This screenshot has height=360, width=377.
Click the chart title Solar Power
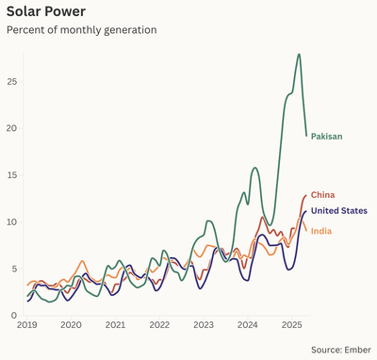[46, 11]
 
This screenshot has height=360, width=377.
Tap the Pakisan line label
[326, 137]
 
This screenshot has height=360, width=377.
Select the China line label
[322, 195]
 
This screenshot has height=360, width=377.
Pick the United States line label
[339, 211]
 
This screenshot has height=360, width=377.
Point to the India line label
[321, 231]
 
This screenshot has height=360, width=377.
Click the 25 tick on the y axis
[11, 81]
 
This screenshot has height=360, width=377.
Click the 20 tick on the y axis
[11, 128]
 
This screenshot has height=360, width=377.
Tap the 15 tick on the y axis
[11, 175]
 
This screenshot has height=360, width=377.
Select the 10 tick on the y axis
[11, 222]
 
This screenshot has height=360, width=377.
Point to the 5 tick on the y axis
[13, 269]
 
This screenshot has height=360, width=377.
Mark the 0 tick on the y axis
[13, 316]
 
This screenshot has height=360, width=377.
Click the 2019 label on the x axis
[26, 325]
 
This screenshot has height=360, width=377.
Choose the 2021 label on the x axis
[115, 325]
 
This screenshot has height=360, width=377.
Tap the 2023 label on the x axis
[204, 325]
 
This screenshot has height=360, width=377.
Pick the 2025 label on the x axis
[291, 325]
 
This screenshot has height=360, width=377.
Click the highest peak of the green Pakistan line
[299, 55]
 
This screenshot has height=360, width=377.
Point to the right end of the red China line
[306, 195]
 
